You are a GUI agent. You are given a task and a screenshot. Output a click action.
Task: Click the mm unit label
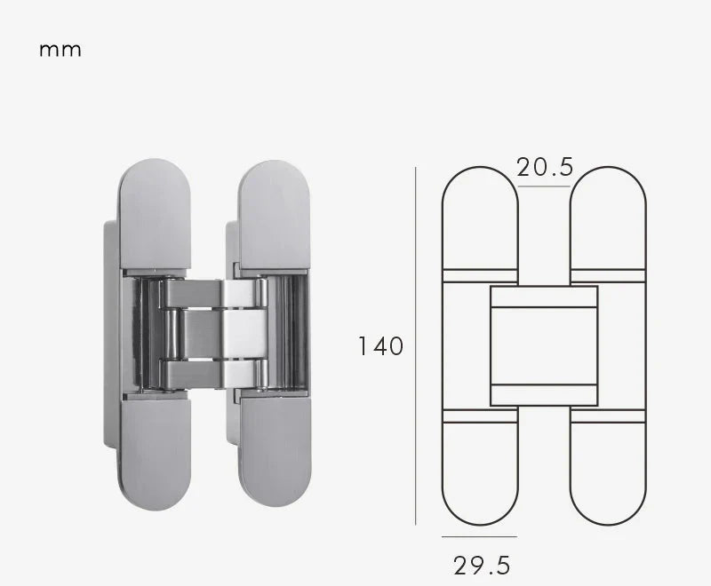(60, 50)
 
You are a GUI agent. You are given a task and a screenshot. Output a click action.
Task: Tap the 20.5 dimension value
(544, 167)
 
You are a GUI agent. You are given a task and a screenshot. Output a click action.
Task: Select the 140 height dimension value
(380, 345)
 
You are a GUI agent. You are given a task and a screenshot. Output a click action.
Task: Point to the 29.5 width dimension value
(482, 565)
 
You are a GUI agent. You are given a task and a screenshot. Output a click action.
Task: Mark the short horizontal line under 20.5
(544, 187)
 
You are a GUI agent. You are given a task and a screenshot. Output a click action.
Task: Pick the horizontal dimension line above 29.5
(479, 536)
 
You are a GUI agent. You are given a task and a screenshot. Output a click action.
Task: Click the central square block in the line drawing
(544, 345)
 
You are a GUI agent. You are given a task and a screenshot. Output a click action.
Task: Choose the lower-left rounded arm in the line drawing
(480, 471)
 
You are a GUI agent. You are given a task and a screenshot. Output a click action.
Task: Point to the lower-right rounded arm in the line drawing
(608, 471)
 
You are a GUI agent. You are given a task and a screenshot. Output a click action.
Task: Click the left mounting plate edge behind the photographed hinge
(110, 337)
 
